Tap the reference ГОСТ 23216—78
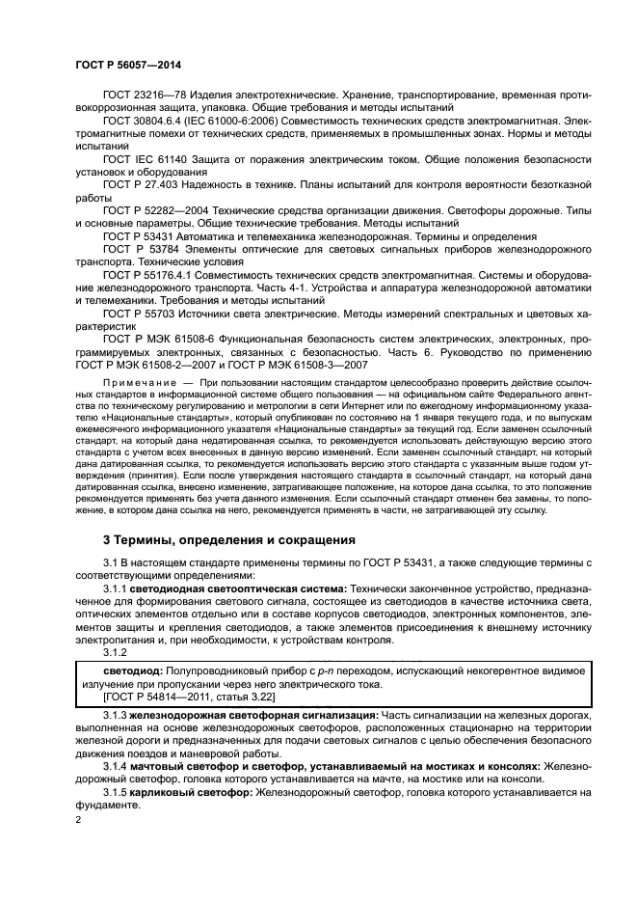pos(141,96)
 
